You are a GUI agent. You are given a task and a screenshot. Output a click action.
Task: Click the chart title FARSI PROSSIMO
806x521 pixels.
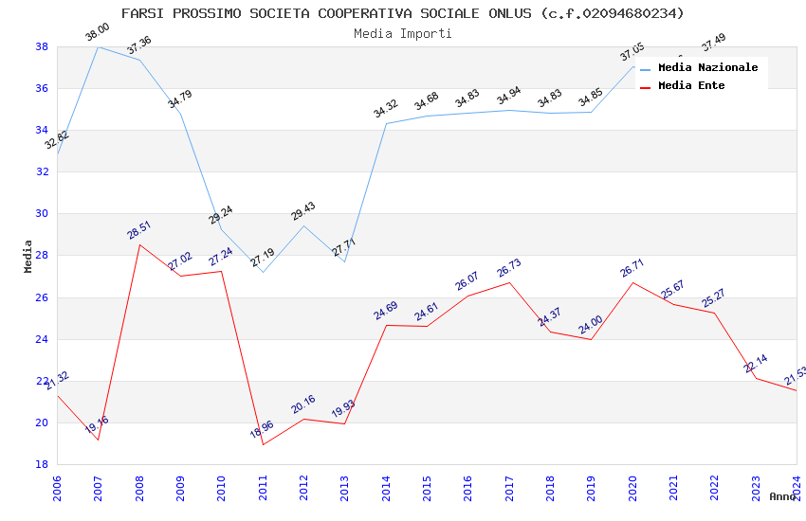[x=402, y=13]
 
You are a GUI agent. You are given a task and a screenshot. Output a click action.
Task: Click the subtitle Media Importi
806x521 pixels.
[x=402, y=34]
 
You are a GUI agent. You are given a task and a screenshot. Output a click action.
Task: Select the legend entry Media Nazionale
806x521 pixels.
[x=707, y=67]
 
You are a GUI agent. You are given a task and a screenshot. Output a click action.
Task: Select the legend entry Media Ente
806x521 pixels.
[x=691, y=85]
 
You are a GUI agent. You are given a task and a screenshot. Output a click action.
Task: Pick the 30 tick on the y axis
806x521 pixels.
[x=42, y=214]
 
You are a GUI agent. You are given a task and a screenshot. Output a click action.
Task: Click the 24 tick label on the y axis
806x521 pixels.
[x=42, y=339]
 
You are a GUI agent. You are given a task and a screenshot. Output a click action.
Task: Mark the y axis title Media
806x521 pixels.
[x=28, y=256]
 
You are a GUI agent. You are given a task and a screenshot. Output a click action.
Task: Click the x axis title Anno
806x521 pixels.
[x=782, y=496]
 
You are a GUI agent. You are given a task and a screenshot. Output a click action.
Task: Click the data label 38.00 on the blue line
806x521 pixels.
[x=98, y=33]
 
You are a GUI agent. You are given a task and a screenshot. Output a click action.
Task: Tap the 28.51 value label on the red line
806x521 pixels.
[x=139, y=230]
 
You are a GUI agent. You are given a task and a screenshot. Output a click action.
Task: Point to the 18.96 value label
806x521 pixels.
[x=262, y=429]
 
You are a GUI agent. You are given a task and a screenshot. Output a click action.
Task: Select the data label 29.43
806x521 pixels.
[x=303, y=211]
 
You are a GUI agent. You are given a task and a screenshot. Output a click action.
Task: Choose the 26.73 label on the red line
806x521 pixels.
[x=509, y=268]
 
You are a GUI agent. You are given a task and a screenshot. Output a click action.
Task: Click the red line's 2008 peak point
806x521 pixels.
[x=139, y=244]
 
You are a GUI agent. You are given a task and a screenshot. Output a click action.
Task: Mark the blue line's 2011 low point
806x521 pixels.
[x=263, y=272]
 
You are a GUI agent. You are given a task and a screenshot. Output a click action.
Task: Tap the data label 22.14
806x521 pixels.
[x=756, y=364]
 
